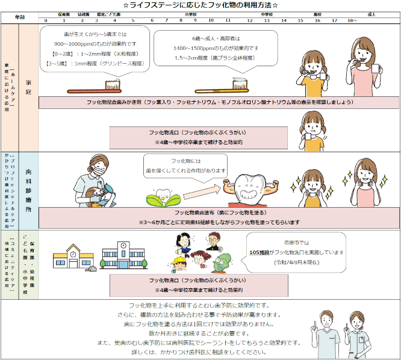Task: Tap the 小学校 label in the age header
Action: point(190,13)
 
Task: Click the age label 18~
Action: point(352,20)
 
